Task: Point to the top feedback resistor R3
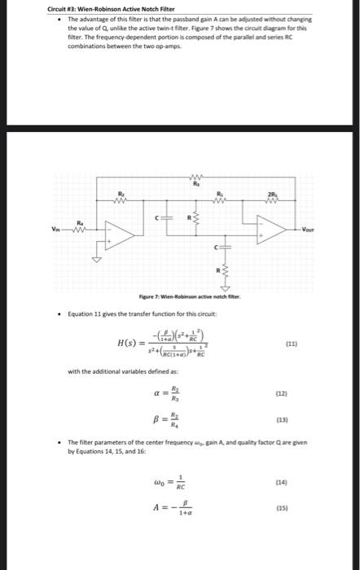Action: tap(195, 178)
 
